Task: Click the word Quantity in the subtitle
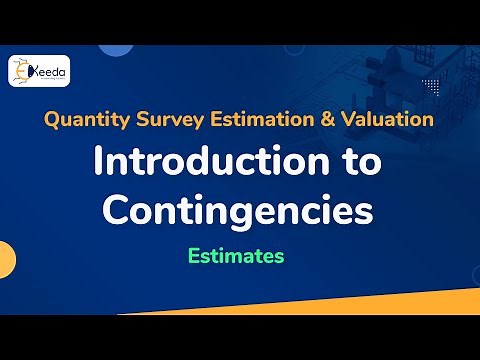click(x=82, y=120)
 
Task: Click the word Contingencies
click(x=239, y=209)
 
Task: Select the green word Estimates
click(x=236, y=256)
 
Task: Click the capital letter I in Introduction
click(x=98, y=164)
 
